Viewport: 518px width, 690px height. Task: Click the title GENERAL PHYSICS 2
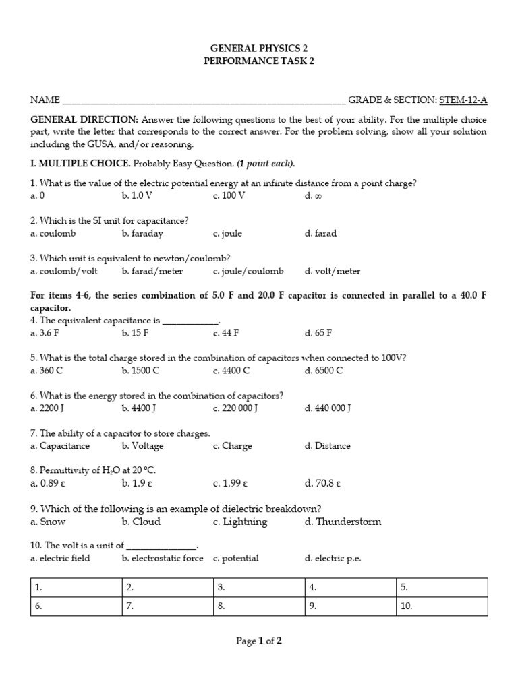[258, 49]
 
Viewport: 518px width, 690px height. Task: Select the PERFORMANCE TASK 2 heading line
[258, 61]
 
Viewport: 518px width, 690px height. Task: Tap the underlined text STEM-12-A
[463, 100]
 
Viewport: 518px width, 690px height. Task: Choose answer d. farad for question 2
[320, 234]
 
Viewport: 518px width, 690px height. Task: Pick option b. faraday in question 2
[142, 234]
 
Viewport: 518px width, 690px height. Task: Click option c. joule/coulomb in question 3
[248, 272]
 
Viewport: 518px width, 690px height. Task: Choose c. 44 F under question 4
[226, 333]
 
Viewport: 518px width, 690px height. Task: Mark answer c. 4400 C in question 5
[231, 371]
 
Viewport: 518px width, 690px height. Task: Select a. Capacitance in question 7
[60, 446]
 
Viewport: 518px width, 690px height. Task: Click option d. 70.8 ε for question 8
[322, 483]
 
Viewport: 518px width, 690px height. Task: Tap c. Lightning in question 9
[239, 522]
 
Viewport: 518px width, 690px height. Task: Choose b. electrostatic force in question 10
[163, 559]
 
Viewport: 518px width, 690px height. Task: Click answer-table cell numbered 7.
[167, 606]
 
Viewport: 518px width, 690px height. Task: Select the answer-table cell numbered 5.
[441, 588]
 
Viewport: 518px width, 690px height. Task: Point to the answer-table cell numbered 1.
[76, 588]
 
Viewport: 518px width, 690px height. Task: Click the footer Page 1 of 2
[258, 641]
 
